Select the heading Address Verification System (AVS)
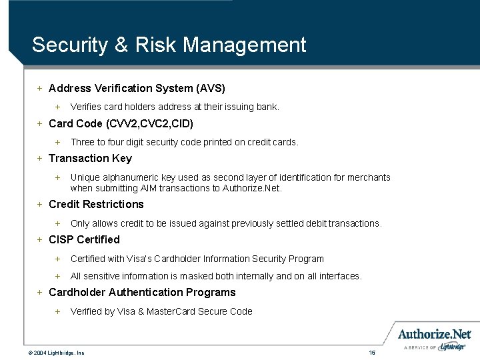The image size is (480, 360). (x=137, y=88)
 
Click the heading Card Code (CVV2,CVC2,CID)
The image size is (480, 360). (x=121, y=123)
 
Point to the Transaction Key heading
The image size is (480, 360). (x=90, y=158)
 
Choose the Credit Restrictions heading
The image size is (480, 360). (x=96, y=204)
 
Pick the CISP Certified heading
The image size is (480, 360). (x=84, y=239)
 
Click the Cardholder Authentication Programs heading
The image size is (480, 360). (x=142, y=292)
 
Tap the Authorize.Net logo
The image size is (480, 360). (x=435, y=334)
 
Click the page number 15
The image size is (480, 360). (x=372, y=352)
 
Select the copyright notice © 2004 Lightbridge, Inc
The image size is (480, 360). (x=56, y=352)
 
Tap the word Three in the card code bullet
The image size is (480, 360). (x=83, y=142)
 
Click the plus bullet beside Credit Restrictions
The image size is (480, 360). (x=40, y=204)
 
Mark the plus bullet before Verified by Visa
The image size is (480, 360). (x=57, y=311)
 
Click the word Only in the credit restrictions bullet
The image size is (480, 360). (x=80, y=223)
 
